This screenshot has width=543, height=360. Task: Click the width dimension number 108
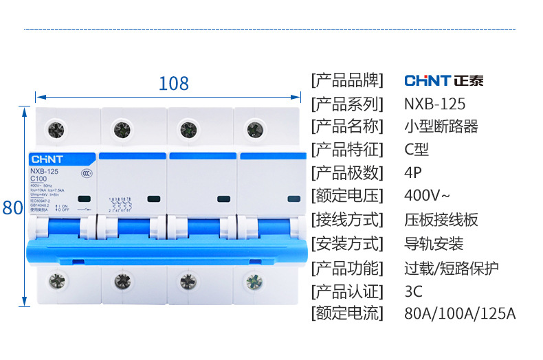pos(173,84)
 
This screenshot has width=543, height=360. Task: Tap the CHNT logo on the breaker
pos(46,158)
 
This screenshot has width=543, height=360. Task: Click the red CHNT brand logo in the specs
pos(443,80)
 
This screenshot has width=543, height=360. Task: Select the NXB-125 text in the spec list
pos(434,104)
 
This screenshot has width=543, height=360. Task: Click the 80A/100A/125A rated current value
pos(460,314)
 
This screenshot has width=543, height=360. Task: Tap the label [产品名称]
pos(346,127)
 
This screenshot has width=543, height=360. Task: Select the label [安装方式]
pos(346,244)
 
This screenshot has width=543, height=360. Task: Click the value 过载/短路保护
pos(452,267)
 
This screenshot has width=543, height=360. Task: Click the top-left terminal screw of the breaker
pos(55,128)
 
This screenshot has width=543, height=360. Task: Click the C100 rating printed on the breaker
pos(39,179)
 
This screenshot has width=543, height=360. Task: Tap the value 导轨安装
pos(434,244)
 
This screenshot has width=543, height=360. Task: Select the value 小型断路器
pos(441,127)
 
